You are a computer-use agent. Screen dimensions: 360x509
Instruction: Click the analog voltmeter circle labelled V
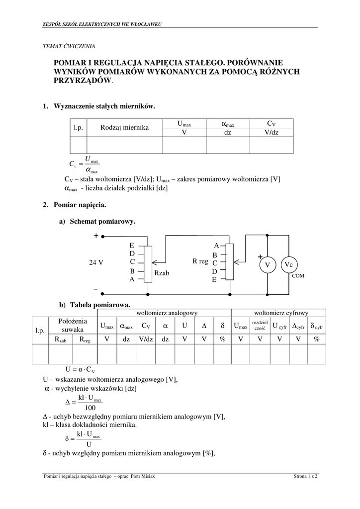point(267,264)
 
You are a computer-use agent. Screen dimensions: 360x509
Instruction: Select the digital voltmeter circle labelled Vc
point(289,264)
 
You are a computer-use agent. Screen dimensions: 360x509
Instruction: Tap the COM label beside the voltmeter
point(298,276)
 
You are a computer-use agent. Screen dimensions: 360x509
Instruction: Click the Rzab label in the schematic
point(162,273)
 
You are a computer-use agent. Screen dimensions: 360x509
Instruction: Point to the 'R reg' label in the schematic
point(200,261)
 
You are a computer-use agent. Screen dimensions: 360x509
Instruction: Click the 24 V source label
point(96,262)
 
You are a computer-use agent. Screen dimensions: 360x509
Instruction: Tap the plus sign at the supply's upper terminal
point(96,236)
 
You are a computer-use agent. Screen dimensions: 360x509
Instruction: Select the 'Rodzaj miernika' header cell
point(125,128)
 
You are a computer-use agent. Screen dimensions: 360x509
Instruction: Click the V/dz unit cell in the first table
point(271,132)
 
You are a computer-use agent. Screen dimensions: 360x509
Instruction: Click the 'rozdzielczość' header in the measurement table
point(260,326)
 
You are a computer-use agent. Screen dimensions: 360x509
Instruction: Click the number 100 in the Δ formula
point(90,408)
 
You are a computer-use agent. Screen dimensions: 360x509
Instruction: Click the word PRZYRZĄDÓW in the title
point(83,81)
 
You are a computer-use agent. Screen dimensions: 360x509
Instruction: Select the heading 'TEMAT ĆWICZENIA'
point(69,46)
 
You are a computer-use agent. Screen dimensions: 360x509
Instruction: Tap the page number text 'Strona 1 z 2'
point(305,476)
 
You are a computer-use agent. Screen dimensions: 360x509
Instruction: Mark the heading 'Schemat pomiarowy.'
point(102,221)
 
